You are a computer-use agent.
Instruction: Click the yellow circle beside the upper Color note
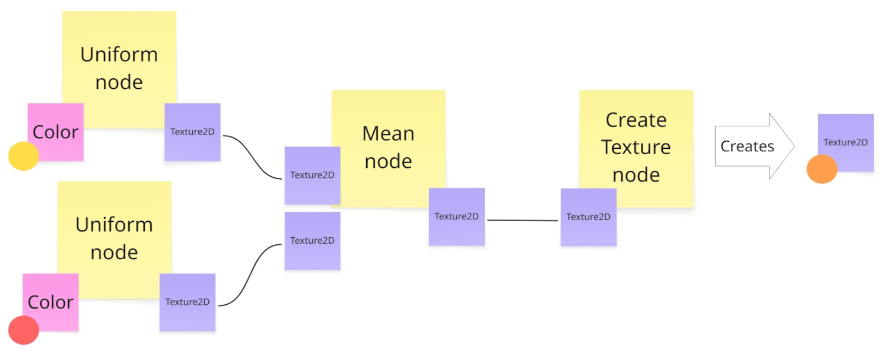(x=24, y=156)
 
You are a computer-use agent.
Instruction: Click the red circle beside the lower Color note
(x=24, y=330)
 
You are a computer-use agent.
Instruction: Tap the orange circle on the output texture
(x=822, y=169)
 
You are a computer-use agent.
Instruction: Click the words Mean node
(x=388, y=146)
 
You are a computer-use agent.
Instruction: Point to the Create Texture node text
(x=636, y=146)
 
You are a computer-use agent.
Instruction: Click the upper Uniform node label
(x=119, y=68)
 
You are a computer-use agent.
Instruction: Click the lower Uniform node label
(x=114, y=238)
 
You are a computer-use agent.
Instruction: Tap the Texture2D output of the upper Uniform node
(x=192, y=132)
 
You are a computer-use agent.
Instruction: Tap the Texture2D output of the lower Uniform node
(x=187, y=302)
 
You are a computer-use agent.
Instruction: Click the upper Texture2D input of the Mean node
(x=312, y=175)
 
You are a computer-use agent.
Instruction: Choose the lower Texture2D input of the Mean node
(x=312, y=241)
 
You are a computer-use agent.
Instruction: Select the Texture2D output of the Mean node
(x=456, y=216)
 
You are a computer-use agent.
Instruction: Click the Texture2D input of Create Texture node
(x=588, y=217)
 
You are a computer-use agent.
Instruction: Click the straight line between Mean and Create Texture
(x=522, y=221)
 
